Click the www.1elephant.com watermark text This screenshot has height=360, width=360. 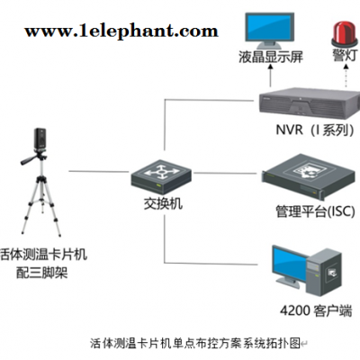tap(121, 31)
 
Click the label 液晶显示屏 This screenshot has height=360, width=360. tap(271, 57)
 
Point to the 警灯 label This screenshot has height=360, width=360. tap(345, 55)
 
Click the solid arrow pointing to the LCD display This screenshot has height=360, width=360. tap(271, 76)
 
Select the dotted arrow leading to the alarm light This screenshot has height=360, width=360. tap(346, 76)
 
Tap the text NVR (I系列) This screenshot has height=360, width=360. tap(315, 130)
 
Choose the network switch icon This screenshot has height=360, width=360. tap(161, 176)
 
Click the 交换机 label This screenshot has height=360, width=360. tap(163, 203)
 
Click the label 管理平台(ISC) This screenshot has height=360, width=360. tap(315, 211)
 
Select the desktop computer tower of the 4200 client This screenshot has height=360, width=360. tap(325, 272)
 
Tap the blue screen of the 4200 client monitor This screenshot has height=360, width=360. tap(290, 264)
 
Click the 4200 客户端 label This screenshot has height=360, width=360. tap(316, 310)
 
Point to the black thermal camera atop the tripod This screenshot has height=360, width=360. tap(40, 139)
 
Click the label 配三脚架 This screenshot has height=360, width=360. tap(41, 273)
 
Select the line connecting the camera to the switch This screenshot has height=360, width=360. tap(99, 172)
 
